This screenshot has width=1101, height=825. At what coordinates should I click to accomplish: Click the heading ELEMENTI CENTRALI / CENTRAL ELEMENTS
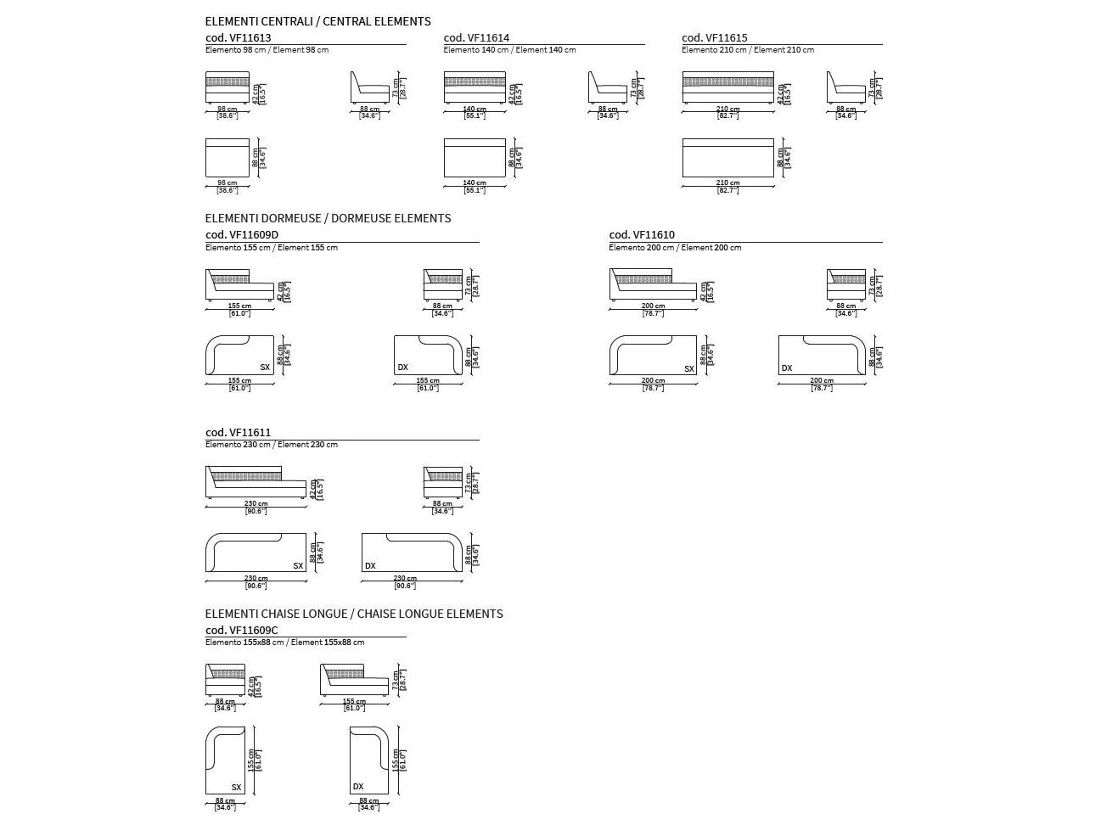(317, 21)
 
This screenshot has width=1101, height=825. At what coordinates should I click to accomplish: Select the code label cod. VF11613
(239, 37)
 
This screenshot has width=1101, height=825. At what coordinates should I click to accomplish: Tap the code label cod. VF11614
(476, 37)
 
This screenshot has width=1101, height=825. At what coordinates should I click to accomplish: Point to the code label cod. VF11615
(715, 37)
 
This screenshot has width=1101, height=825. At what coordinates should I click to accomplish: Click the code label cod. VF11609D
(242, 235)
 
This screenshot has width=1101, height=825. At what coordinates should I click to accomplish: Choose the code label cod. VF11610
(642, 235)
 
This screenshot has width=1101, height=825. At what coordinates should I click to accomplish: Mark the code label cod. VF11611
(239, 433)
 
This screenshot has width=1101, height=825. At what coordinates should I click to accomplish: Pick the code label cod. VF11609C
(242, 631)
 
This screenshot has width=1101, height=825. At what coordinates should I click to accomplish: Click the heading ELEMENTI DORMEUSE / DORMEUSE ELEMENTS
(328, 218)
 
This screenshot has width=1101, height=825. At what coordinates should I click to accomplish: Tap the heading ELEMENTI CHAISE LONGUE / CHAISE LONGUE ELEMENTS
(354, 614)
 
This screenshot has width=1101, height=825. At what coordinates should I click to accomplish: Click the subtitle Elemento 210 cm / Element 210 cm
(748, 50)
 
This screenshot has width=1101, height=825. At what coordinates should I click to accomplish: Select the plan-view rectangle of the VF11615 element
(727, 158)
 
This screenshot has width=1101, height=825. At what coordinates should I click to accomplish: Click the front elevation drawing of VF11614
(475, 88)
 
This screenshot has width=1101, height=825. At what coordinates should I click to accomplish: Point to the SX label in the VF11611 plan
(298, 565)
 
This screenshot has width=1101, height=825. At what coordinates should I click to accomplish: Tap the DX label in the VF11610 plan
(787, 368)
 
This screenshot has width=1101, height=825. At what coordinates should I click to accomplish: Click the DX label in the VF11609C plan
(358, 787)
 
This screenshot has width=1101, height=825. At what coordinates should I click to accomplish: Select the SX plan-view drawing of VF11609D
(239, 355)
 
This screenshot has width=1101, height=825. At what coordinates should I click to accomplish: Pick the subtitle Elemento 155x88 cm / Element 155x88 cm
(284, 643)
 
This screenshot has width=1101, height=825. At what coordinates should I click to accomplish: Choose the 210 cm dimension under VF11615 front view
(727, 109)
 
